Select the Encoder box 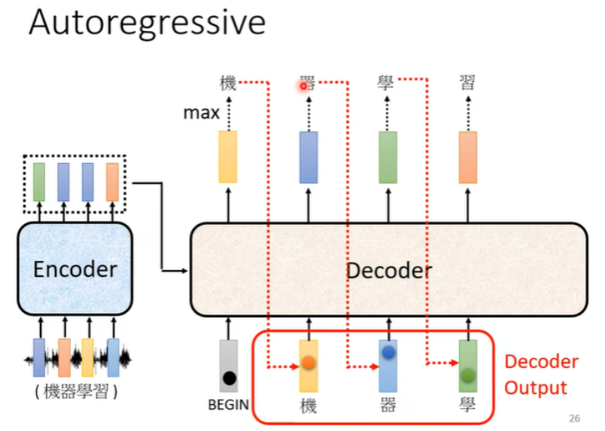pyautogui.click(x=75, y=269)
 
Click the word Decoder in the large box pyautogui.click(x=389, y=270)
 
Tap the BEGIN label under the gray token pyautogui.click(x=228, y=405)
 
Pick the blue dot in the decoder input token pyautogui.click(x=388, y=352)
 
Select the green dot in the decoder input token pyautogui.click(x=468, y=374)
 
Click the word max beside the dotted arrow pyautogui.click(x=201, y=114)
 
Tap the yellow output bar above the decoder pyautogui.click(x=227, y=157)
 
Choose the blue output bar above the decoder pyautogui.click(x=309, y=157)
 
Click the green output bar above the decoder pyautogui.click(x=388, y=157)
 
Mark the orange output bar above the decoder pyautogui.click(x=468, y=157)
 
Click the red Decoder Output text pyautogui.click(x=541, y=375)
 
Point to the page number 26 pyautogui.click(x=576, y=418)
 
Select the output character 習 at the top pyautogui.click(x=467, y=83)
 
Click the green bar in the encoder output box pyautogui.click(x=39, y=181)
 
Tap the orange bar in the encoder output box pyautogui.click(x=112, y=181)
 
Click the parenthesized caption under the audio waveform pyautogui.click(x=76, y=393)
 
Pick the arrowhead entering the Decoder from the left pyautogui.click(x=184, y=270)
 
